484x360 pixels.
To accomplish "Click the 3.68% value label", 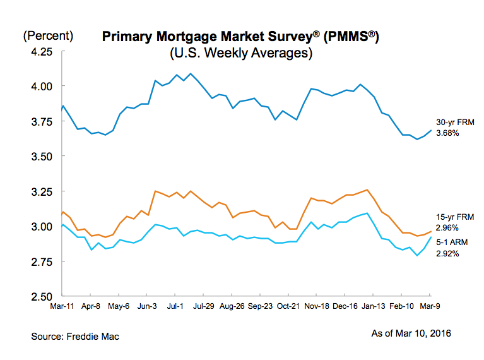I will click(x=447, y=133).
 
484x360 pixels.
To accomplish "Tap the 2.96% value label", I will click(x=447, y=227).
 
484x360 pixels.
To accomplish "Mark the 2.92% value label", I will click(x=447, y=253).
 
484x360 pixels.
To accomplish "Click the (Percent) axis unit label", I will click(x=48, y=36).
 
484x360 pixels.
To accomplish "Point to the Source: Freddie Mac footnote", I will click(x=75, y=337).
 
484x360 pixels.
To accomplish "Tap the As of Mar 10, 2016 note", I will click(x=411, y=333).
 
